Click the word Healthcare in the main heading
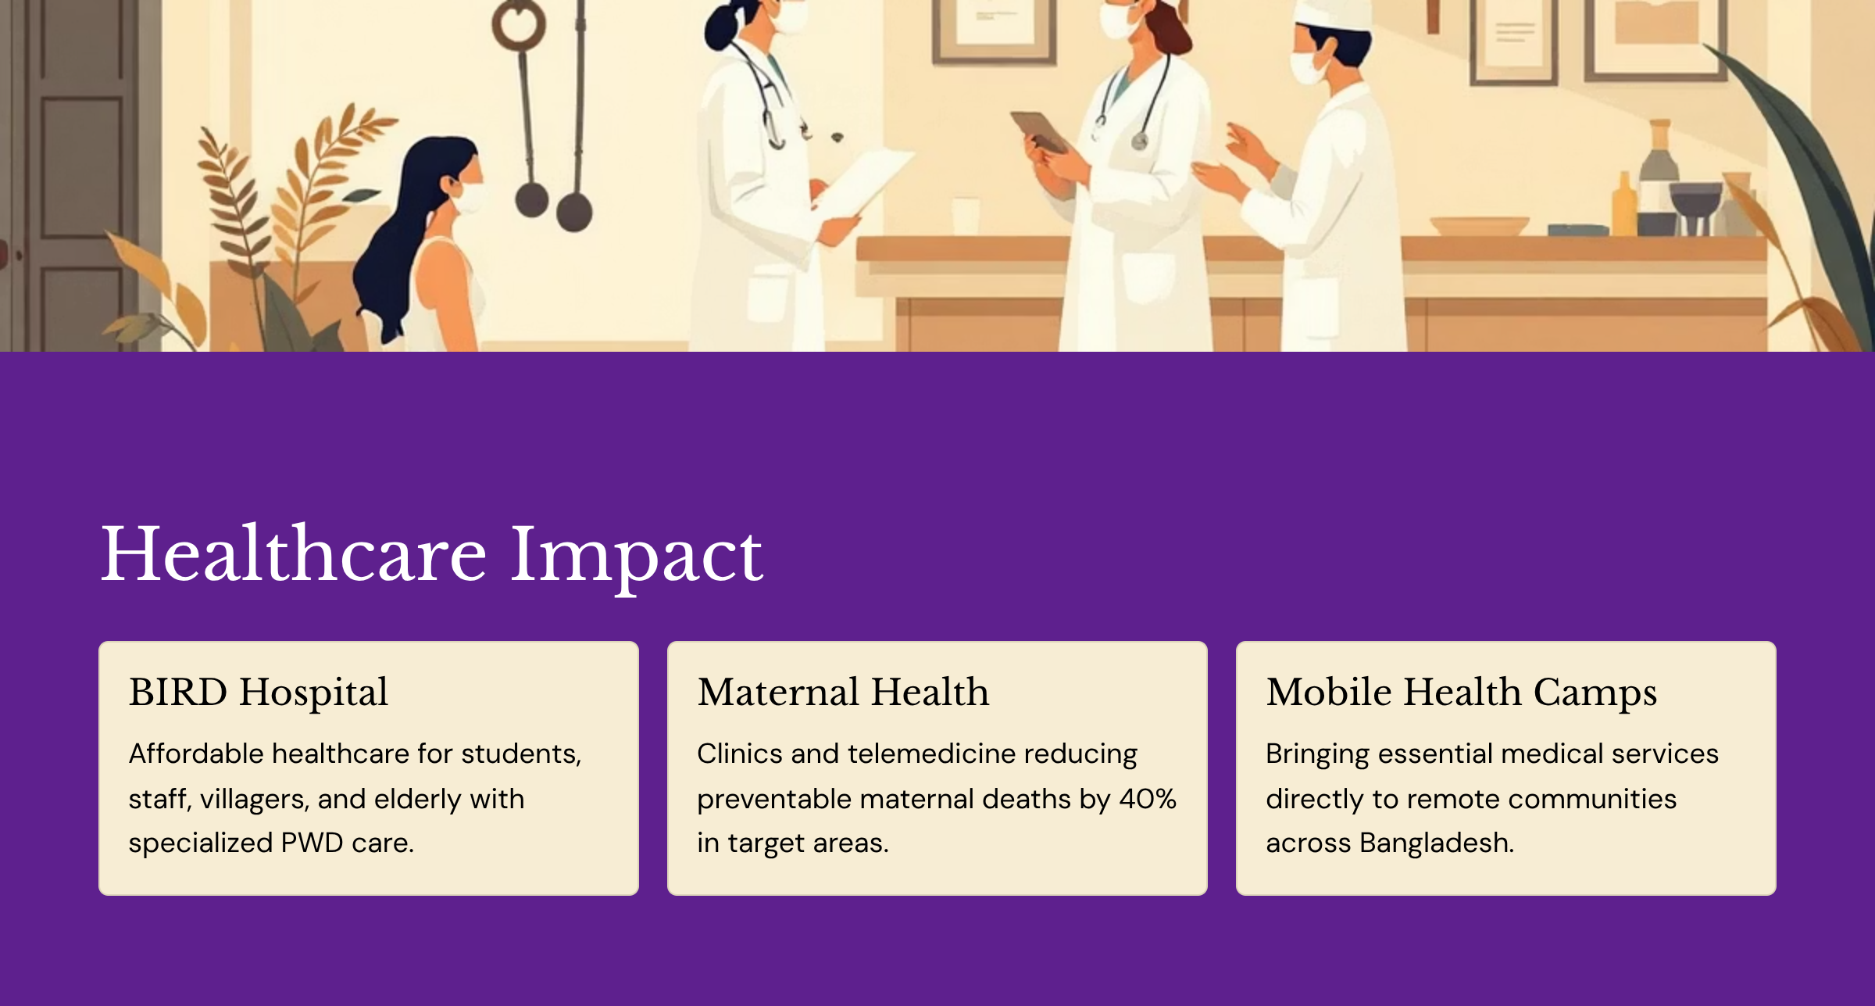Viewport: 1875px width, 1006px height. pyautogui.click(x=295, y=554)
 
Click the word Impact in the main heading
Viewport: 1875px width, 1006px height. pyautogui.click(x=637, y=557)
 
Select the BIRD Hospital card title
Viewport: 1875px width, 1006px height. pyautogui.click(x=259, y=693)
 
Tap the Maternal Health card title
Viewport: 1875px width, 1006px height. pyautogui.click(x=843, y=693)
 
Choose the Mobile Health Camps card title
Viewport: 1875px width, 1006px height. pyautogui.click(x=1462, y=693)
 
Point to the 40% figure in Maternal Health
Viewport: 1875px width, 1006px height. pyautogui.click(x=1148, y=799)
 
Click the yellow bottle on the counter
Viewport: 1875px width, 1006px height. pyautogui.click(x=1625, y=204)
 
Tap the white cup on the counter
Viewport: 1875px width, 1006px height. pyautogui.click(x=966, y=215)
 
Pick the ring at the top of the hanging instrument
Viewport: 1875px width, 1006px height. pyautogui.click(x=518, y=23)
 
